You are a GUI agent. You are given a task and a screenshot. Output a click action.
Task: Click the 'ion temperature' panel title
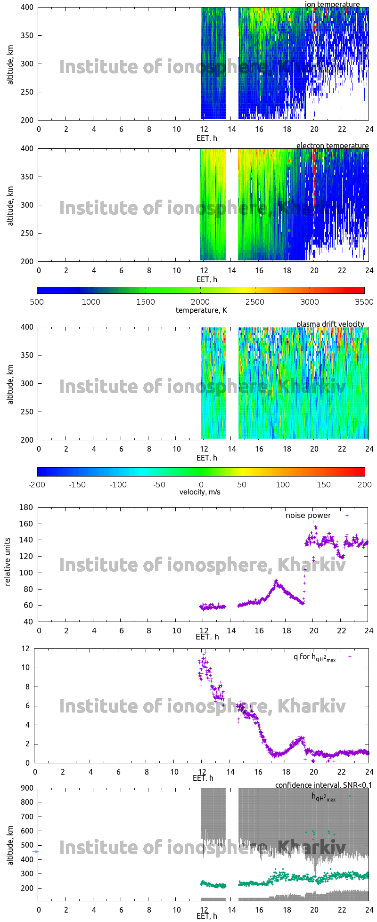(x=332, y=4)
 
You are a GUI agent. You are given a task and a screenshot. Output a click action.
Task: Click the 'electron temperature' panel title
(x=332, y=146)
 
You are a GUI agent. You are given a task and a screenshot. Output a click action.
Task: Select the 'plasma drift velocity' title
(x=330, y=324)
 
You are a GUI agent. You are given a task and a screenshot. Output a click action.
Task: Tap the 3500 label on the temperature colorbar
(x=364, y=302)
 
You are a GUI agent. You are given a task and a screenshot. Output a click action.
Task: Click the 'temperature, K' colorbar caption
(x=201, y=310)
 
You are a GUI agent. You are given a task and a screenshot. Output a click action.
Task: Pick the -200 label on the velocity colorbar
(x=37, y=484)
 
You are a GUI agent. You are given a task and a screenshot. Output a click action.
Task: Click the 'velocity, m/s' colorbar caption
(x=200, y=492)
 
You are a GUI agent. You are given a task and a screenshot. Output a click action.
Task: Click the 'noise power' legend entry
(x=308, y=515)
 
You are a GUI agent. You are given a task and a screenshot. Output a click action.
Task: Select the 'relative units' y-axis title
(x=8, y=564)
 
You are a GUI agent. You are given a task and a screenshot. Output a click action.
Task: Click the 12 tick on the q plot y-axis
(x=25, y=648)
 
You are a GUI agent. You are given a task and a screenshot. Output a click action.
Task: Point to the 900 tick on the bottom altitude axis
(x=27, y=788)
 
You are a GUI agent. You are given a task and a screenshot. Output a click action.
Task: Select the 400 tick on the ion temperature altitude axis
(x=27, y=8)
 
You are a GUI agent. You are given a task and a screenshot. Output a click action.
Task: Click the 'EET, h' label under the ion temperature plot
(x=206, y=138)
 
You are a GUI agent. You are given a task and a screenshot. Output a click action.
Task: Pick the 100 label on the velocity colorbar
(x=283, y=484)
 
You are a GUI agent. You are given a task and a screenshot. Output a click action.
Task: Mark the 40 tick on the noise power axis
(x=29, y=622)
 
